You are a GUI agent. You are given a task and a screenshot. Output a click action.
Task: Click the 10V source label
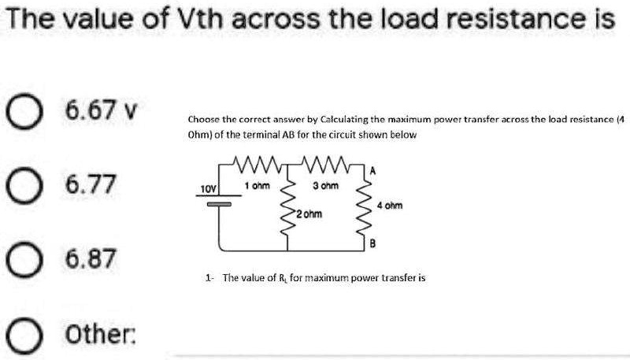point(207,190)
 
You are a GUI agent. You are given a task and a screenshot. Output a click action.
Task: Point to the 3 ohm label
point(325,185)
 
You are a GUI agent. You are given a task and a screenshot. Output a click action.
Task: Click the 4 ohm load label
point(389,206)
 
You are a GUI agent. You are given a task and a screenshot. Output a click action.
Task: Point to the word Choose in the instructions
point(202,120)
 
